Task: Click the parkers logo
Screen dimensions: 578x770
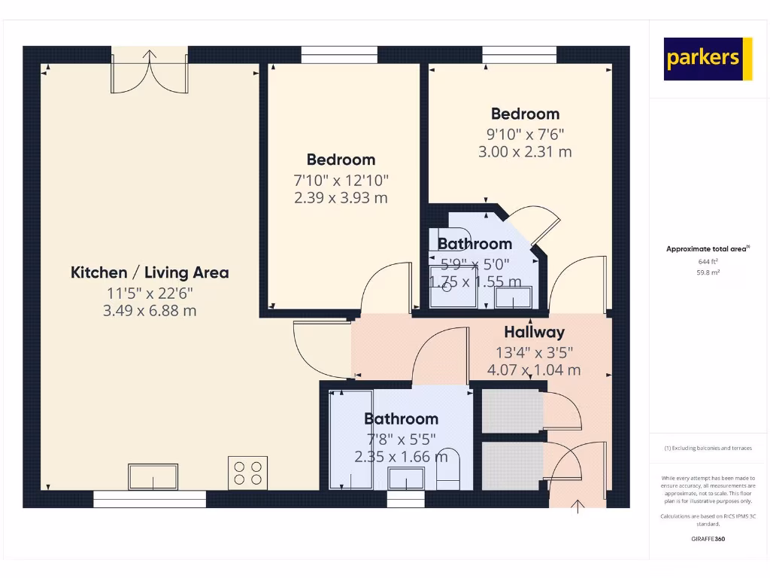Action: click(708, 59)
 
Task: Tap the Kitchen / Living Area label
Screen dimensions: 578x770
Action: click(150, 272)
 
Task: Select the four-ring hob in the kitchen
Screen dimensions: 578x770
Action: click(247, 473)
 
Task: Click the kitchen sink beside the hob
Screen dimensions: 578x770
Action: click(153, 476)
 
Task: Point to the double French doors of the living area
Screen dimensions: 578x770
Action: click(150, 71)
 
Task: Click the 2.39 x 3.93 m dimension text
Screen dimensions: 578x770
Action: click(341, 198)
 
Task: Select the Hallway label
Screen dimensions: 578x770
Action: click(534, 332)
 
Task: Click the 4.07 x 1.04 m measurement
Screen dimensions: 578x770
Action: click(534, 370)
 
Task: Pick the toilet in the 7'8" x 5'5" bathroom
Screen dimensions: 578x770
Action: click(447, 474)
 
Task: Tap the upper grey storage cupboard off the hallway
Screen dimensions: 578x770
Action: click(511, 410)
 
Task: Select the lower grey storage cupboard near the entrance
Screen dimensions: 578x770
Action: click(511, 466)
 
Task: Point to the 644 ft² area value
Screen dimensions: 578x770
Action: click(708, 261)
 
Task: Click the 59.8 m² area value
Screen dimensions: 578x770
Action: click(708, 272)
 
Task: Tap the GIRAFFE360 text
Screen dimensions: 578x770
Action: click(708, 539)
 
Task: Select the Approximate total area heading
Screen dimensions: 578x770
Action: click(708, 249)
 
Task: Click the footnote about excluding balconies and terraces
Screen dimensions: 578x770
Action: click(708, 448)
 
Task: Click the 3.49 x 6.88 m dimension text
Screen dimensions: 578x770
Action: click(150, 310)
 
